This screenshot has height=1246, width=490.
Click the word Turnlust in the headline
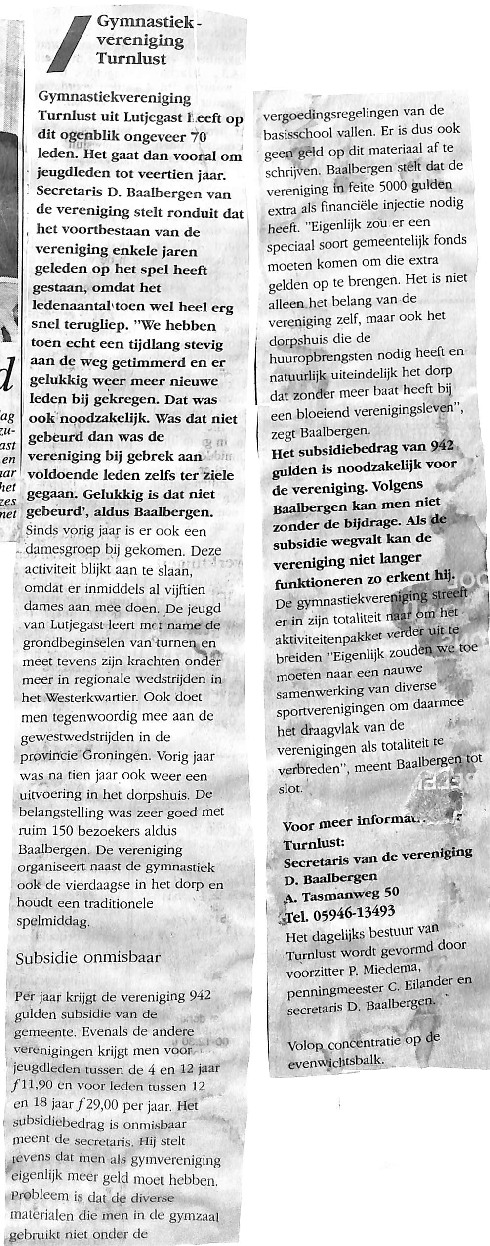point(131,59)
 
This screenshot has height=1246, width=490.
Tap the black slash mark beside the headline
point(69,44)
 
